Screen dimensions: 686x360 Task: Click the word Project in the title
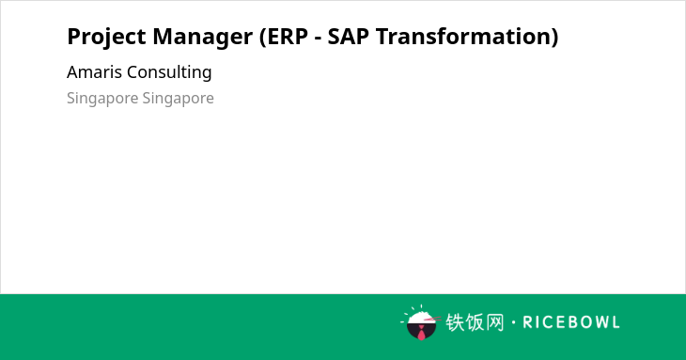tap(106, 37)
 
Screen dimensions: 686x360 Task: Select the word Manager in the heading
tap(203, 38)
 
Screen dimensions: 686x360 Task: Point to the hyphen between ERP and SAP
tap(318, 39)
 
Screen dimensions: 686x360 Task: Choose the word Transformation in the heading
tap(462, 37)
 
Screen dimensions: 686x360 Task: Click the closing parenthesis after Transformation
tap(554, 37)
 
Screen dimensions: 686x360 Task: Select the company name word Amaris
tap(94, 72)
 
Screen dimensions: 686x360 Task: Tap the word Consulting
tap(169, 72)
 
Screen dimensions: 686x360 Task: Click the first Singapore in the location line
tap(102, 99)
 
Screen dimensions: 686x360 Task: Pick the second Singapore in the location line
tap(178, 99)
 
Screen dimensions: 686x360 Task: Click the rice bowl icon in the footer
tap(420, 322)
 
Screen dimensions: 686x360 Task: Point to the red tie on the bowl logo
tap(421, 334)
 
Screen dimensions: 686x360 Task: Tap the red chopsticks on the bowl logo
tap(432, 320)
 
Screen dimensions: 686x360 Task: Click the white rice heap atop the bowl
tap(420, 317)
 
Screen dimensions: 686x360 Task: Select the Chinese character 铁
tap(455, 322)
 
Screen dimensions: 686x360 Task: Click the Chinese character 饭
tap(475, 322)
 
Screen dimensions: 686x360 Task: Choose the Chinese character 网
tap(494, 322)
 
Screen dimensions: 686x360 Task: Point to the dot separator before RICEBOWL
tap(513, 322)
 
